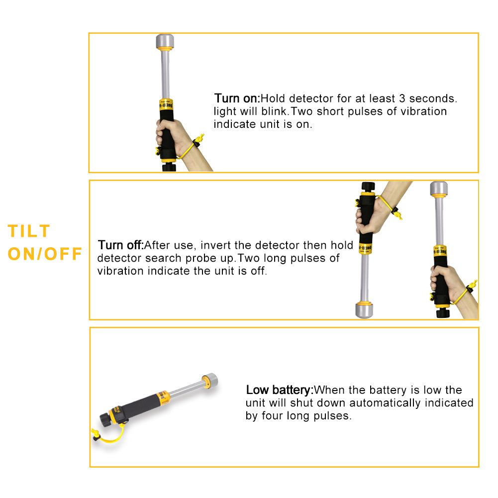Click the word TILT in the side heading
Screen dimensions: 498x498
click(x=29, y=231)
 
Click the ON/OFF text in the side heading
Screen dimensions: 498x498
click(x=45, y=254)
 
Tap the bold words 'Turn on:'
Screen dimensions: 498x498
click(x=237, y=99)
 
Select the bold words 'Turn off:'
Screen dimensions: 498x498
click(x=121, y=245)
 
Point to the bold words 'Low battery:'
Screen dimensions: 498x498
click(x=280, y=390)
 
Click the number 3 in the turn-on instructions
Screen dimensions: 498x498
click(x=402, y=99)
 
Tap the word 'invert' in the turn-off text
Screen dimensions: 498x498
click(x=216, y=245)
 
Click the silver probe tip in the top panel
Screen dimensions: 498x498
click(x=165, y=41)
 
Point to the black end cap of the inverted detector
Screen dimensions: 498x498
click(x=368, y=187)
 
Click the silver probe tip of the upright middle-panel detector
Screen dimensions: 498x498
click(x=439, y=189)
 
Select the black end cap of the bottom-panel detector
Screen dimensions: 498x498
click(x=105, y=419)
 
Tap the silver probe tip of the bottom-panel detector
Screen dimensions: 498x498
click(x=210, y=380)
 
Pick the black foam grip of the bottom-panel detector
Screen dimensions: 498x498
click(x=140, y=405)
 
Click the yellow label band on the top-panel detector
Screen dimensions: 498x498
click(x=166, y=105)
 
